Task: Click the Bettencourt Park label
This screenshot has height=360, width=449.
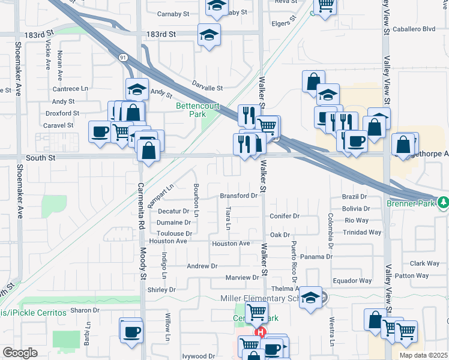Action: (x=190, y=110)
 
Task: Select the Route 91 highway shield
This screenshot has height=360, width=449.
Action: (x=123, y=57)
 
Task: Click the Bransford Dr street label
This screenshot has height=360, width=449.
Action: (x=238, y=195)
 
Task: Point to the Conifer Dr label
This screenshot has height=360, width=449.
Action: (x=285, y=216)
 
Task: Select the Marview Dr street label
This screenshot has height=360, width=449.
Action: (x=242, y=277)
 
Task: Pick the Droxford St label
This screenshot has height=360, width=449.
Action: (x=62, y=113)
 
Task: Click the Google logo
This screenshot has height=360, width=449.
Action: (x=19, y=353)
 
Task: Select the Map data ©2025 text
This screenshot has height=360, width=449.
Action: (x=424, y=355)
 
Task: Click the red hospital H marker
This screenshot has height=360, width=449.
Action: (x=261, y=332)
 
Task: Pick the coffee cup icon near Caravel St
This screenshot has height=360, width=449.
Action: (x=99, y=131)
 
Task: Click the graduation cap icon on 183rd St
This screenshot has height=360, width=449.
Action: (x=209, y=34)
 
